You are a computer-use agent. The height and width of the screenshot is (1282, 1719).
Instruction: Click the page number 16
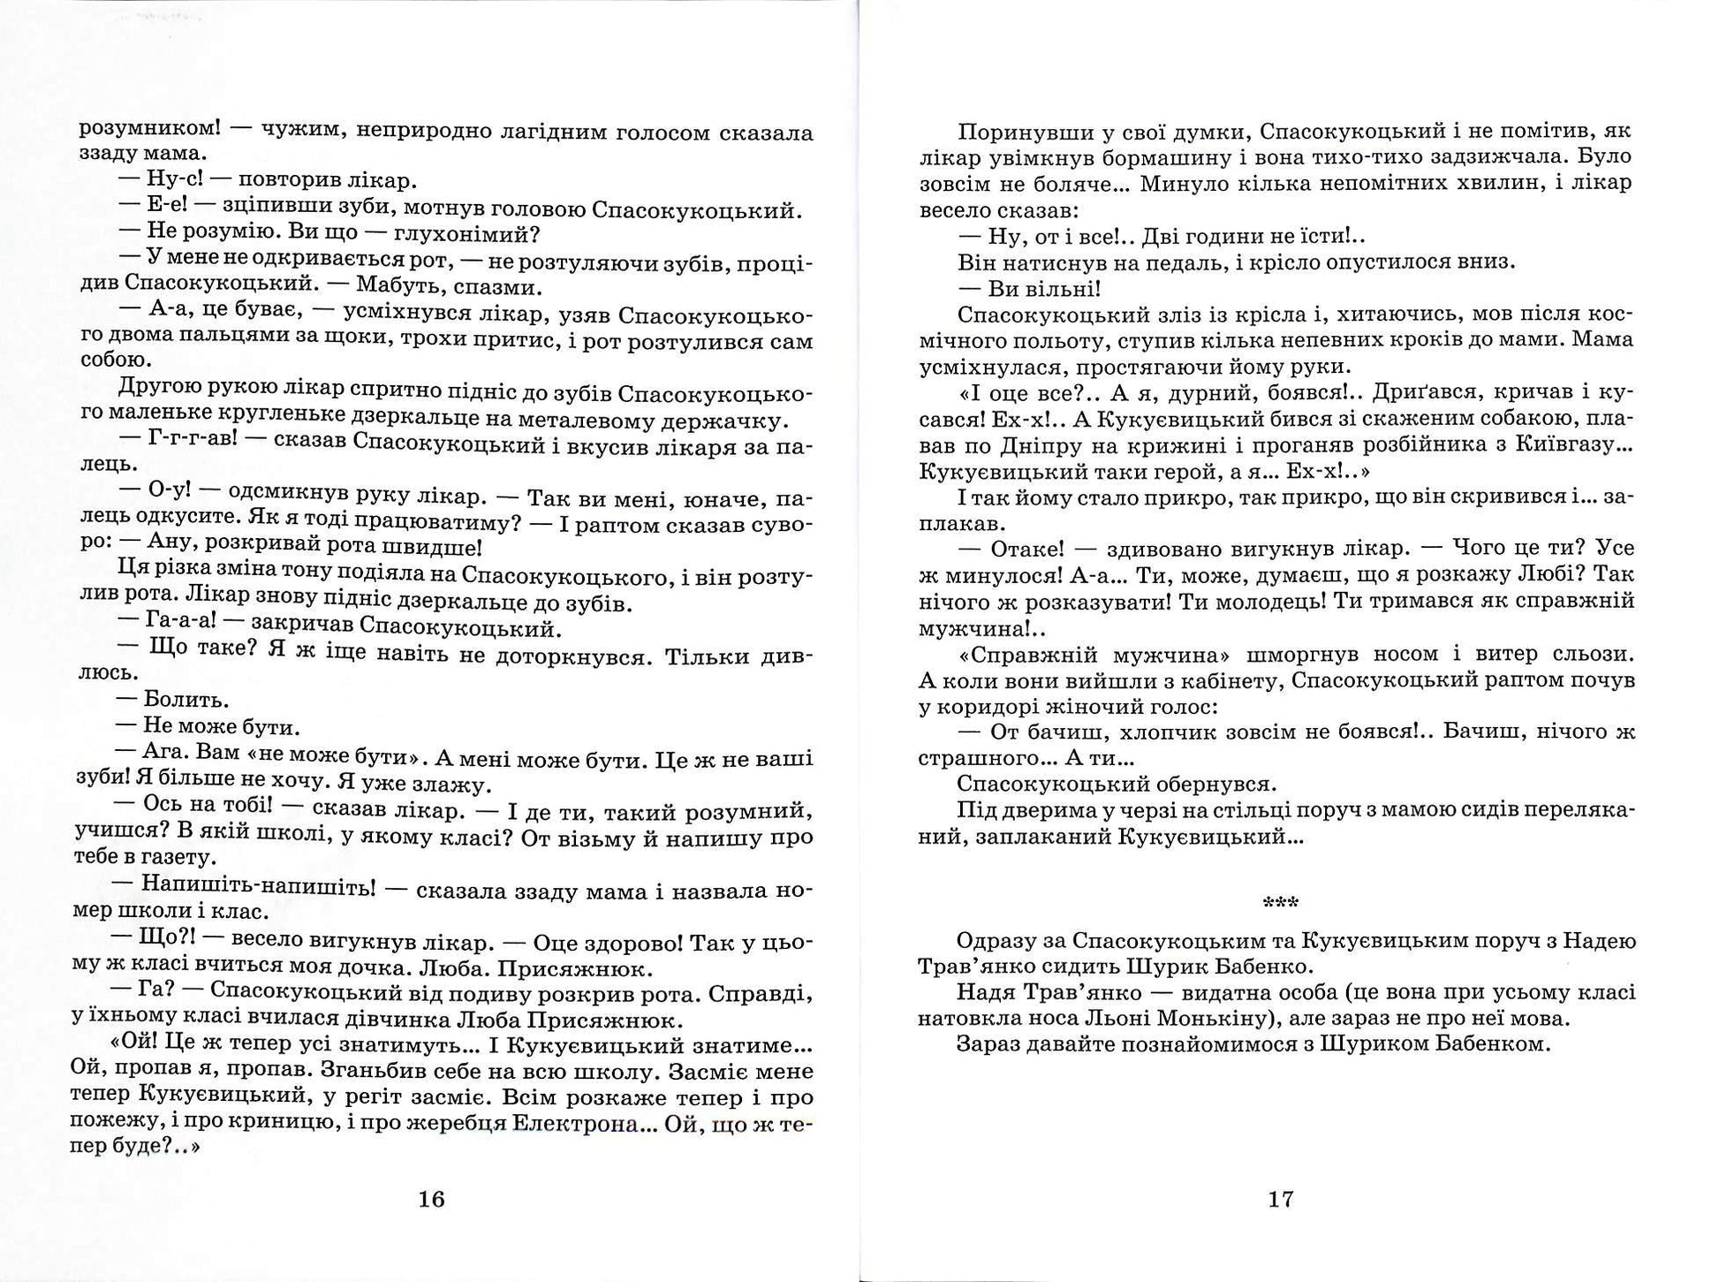(x=431, y=1199)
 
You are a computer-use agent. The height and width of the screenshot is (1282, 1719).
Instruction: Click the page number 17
(x=1281, y=1199)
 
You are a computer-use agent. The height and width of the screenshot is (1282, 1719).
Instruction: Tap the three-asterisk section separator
(x=1281, y=902)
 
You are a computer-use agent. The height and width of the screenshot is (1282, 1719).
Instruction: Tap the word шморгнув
(x=1307, y=655)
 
